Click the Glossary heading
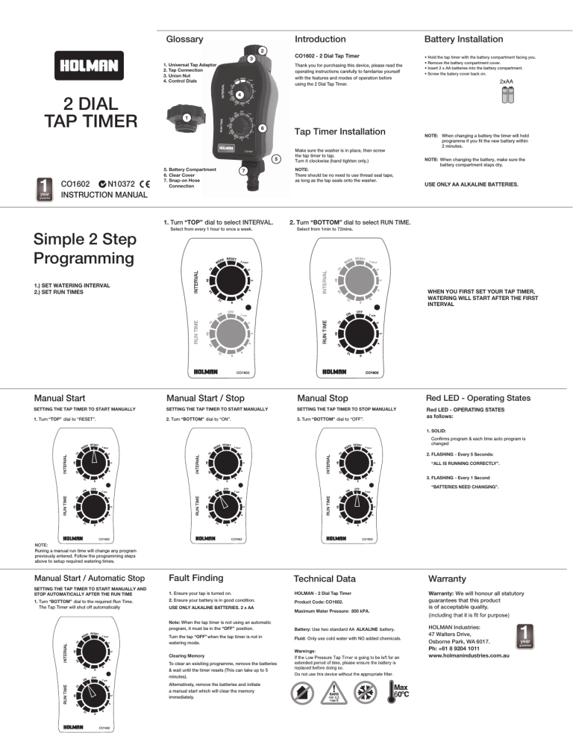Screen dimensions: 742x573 click(184, 39)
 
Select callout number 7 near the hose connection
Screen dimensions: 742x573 click(243, 171)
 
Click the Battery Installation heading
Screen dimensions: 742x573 click(463, 39)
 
